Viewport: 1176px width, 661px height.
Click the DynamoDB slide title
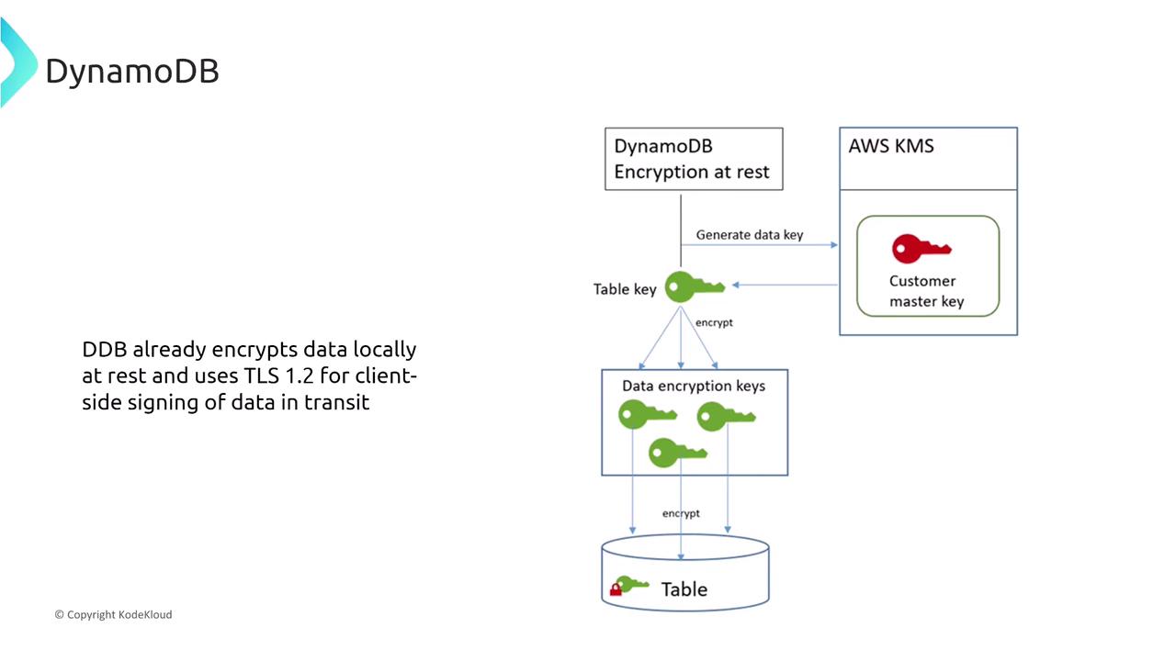(132, 72)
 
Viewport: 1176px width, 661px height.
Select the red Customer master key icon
(921, 249)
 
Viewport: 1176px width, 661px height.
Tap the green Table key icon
(695, 286)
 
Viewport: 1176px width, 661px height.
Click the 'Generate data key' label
(749, 235)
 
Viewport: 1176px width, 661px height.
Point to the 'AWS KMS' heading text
(891, 147)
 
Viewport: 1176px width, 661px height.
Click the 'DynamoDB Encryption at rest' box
(694, 159)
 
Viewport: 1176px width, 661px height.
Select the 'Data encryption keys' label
(694, 386)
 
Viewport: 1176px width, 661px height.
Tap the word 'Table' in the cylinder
(684, 588)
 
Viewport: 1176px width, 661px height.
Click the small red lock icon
(616, 589)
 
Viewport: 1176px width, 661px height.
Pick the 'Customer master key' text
(926, 291)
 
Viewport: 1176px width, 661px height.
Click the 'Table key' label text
(625, 289)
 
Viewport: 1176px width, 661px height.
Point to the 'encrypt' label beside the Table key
(714, 323)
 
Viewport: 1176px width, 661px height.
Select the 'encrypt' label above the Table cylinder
(681, 513)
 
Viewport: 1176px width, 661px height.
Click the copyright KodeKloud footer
(113, 614)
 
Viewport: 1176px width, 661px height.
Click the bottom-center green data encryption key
(678, 452)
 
